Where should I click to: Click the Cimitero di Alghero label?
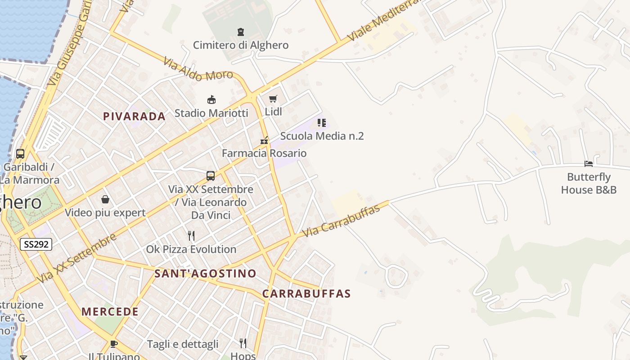click(x=241, y=45)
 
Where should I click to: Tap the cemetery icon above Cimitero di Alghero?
click(x=241, y=32)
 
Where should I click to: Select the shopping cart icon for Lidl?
click(x=273, y=99)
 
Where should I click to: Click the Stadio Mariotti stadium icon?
click(x=211, y=99)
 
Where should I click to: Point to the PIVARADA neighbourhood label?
click(x=135, y=117)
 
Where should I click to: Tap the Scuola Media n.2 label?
click(x=322, y=136)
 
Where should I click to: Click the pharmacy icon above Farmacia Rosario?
click(x=264, y=140)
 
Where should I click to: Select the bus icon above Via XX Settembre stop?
click(x=211, y=176)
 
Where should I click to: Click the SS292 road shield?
click(x=36, y=244)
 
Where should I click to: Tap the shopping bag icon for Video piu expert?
click(x=105, y=199)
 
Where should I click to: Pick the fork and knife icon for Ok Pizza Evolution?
click(x=191, y=235)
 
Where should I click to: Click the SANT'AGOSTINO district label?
click(x=205, y=273)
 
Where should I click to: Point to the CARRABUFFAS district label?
click(x=306, y=294)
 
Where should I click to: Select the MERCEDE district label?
click(x=110, y=311)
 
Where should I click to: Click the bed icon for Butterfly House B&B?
click(x=588, y=164)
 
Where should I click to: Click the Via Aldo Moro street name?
click(x=198, y=69)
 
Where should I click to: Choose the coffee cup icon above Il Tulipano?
click(x=114, y=344)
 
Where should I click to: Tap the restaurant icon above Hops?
click(x=243, y=343)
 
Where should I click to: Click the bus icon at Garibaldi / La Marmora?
click(x=20, y=153)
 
